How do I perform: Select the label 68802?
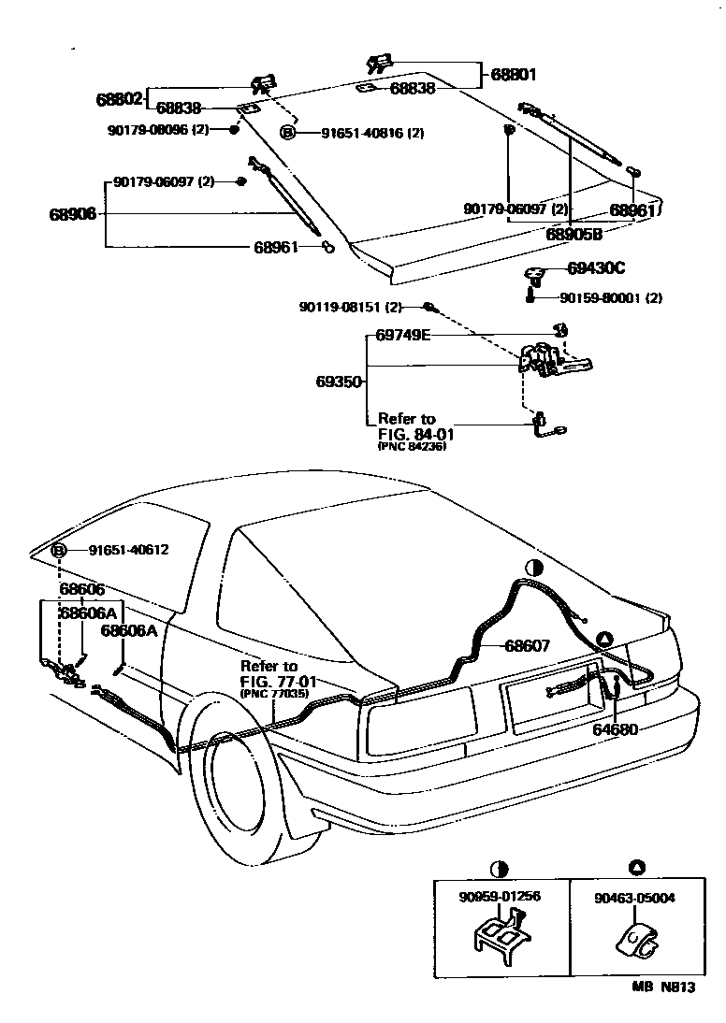point(119,97)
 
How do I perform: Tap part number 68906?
point(73,214)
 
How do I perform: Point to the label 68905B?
point(574,234)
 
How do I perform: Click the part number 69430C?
point(596,268)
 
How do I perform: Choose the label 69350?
point(339,382)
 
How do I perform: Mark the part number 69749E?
point(403,334)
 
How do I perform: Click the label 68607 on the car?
point(528,645)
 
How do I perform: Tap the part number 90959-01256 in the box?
point(501,897)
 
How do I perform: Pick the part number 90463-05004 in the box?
point(635,897)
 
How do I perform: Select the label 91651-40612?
point(128,550)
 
